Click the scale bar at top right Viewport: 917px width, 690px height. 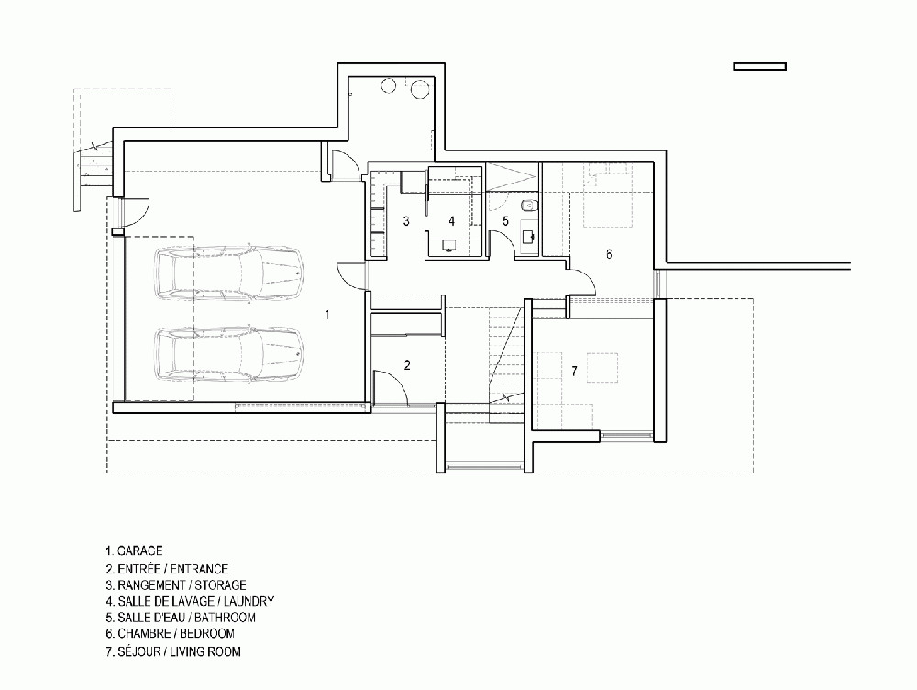tap(759, 67)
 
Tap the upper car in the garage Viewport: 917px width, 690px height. tap(229, 273)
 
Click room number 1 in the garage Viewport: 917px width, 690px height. tap(327, 315)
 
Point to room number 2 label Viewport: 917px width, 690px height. tap(407, 365)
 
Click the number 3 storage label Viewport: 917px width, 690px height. tap(406, 221)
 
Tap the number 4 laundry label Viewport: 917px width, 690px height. tap(451, 221)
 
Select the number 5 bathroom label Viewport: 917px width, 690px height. tap(506, 221)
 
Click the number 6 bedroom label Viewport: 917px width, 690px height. tap(609, 254)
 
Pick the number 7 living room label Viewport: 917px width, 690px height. tap(574, 371)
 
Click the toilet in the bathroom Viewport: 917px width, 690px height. tap(527, 206)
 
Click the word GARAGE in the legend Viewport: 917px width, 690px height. tap(139, 551)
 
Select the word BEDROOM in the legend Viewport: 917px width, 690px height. tap(207, 633)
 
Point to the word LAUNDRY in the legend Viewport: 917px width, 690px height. tap(249, 601)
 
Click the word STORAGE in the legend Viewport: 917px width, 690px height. tap(220, 585)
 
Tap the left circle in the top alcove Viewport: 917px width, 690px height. tap(389, 85)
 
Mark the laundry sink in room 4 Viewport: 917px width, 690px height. tap(449, 245)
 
